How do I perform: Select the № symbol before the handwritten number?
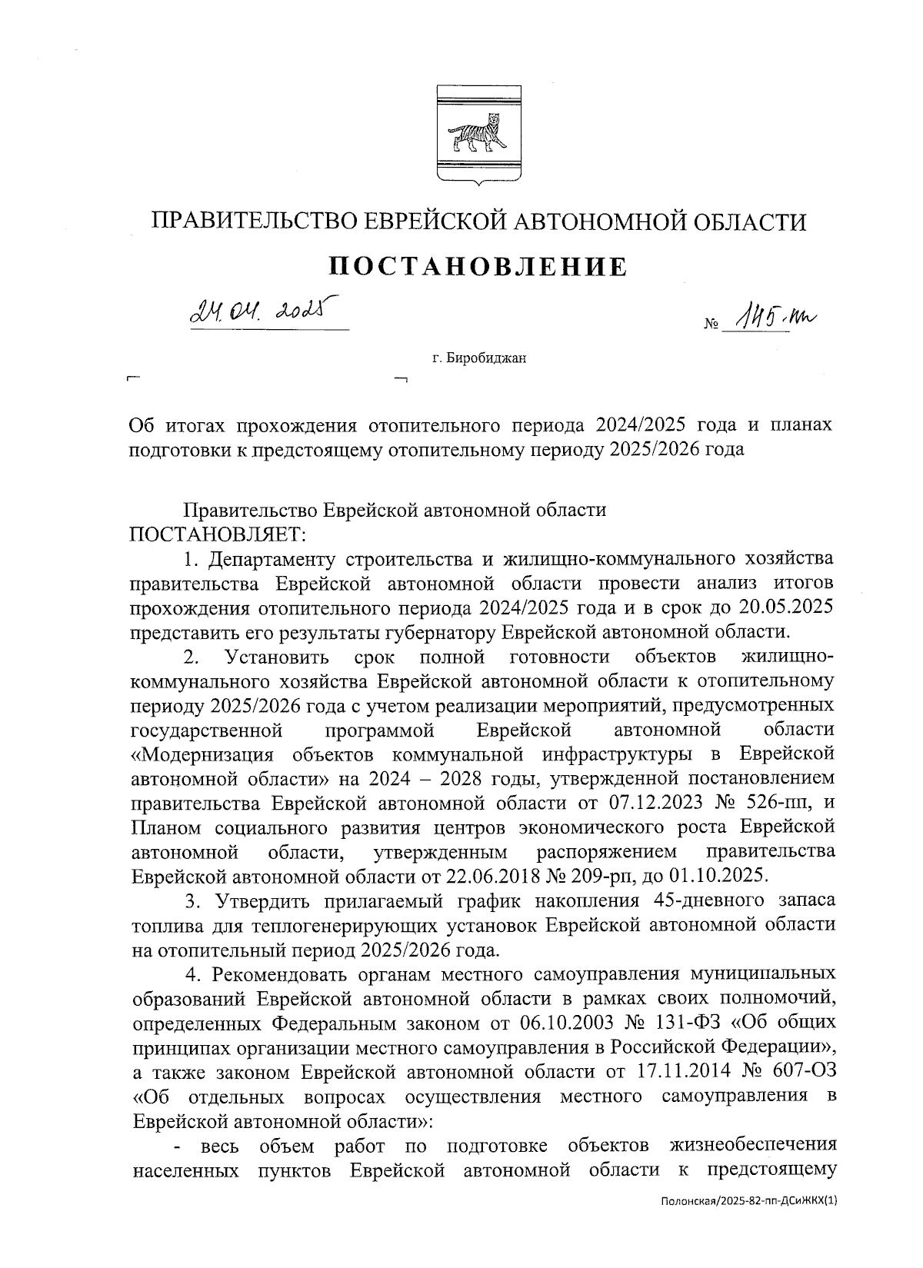(710, 325)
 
